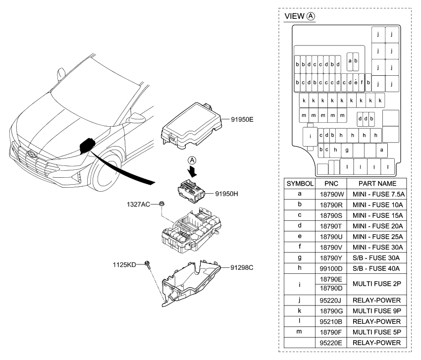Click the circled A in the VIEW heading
[311, 16]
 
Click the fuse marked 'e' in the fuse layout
[356, 82]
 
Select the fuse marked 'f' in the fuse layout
[362, 82]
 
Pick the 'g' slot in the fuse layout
[347, 150]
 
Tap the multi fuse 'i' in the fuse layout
[310, 135]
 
